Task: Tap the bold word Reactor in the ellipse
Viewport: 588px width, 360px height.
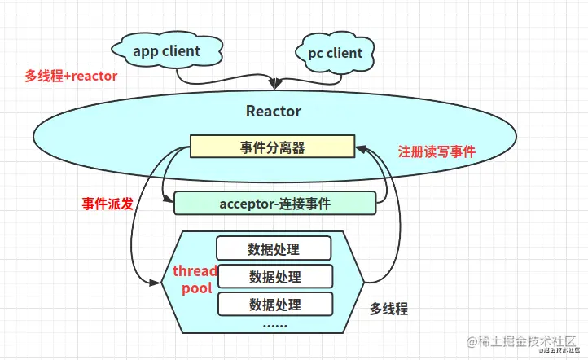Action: point(274,111)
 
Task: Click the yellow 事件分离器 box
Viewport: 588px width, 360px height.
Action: point(273,147)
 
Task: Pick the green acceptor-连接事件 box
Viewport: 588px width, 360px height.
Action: point(275,203)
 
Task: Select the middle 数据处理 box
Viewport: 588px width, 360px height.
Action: point(274,276)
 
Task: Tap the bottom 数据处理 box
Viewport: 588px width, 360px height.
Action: point(274,305)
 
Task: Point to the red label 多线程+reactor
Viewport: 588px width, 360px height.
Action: point(71,76)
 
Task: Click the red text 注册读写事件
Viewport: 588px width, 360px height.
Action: point(437,152)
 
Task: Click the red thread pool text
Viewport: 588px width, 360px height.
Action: point(194,279)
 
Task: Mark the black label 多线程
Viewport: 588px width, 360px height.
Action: point(388,309)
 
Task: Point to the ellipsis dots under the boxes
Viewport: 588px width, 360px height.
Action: point(274,326)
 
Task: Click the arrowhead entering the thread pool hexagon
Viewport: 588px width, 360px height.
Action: point(154,283)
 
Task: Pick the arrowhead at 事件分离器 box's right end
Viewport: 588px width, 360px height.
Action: point(360,148)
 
